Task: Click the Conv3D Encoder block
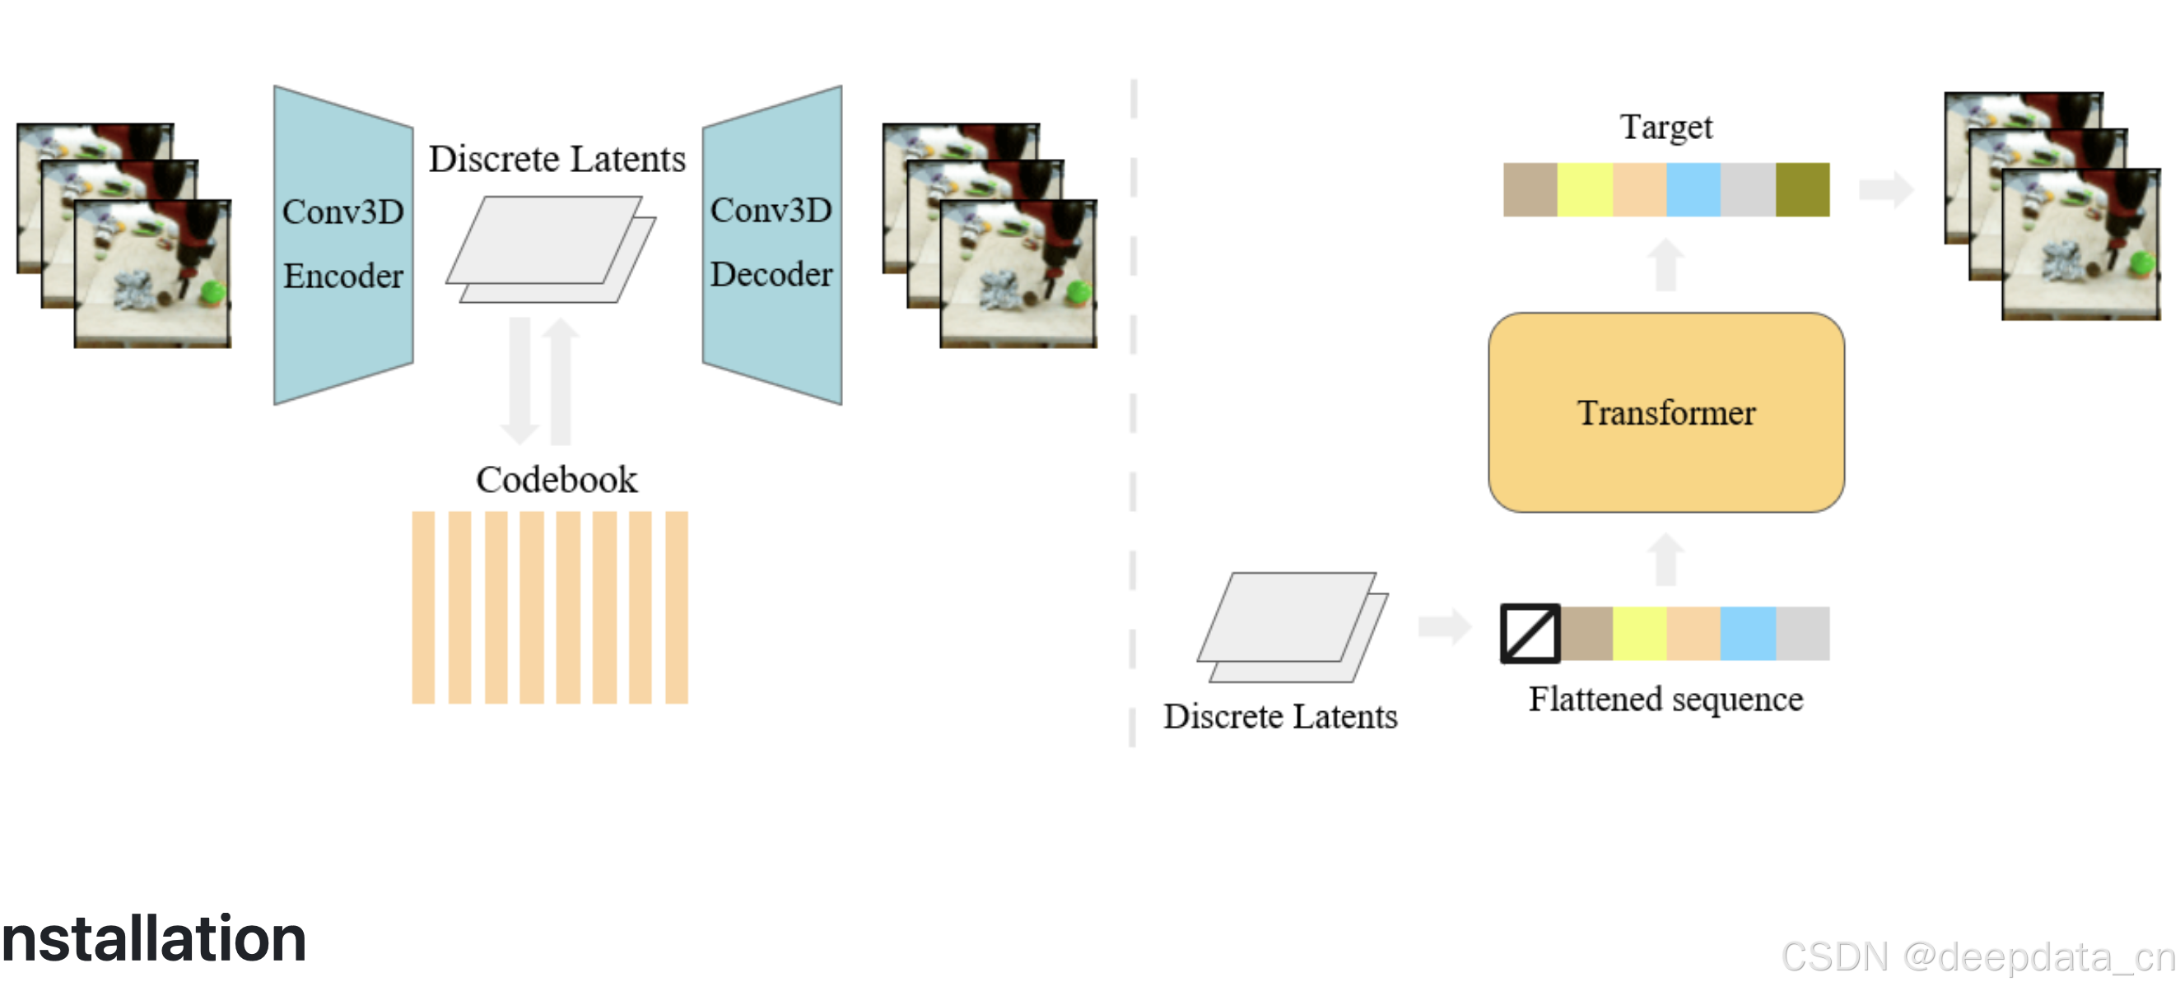coord(342,244)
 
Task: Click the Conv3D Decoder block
coord(771,244)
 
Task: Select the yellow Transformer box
coord(1665,412)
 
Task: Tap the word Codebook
coord(556,480)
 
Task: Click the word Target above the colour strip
coord(1665,127)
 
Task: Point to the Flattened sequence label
coord(1665,700)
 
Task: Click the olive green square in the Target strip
coord(1802,189)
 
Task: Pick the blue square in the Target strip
coord(1693,189)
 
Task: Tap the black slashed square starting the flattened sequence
coord(1530,633)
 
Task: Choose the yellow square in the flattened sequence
coord(1639,633)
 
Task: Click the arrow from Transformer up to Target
coord(1666,264)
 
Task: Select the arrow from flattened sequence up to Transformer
coord(1666,559)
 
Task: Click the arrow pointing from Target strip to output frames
coord(1885,189)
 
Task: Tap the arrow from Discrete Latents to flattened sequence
coord(1445,626)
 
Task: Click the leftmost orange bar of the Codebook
coord(423,607)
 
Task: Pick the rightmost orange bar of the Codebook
coord(676,607)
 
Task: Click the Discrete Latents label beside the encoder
coord(556,159)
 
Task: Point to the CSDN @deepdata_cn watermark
coord(1977,957)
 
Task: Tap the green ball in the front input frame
coord(212,293)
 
